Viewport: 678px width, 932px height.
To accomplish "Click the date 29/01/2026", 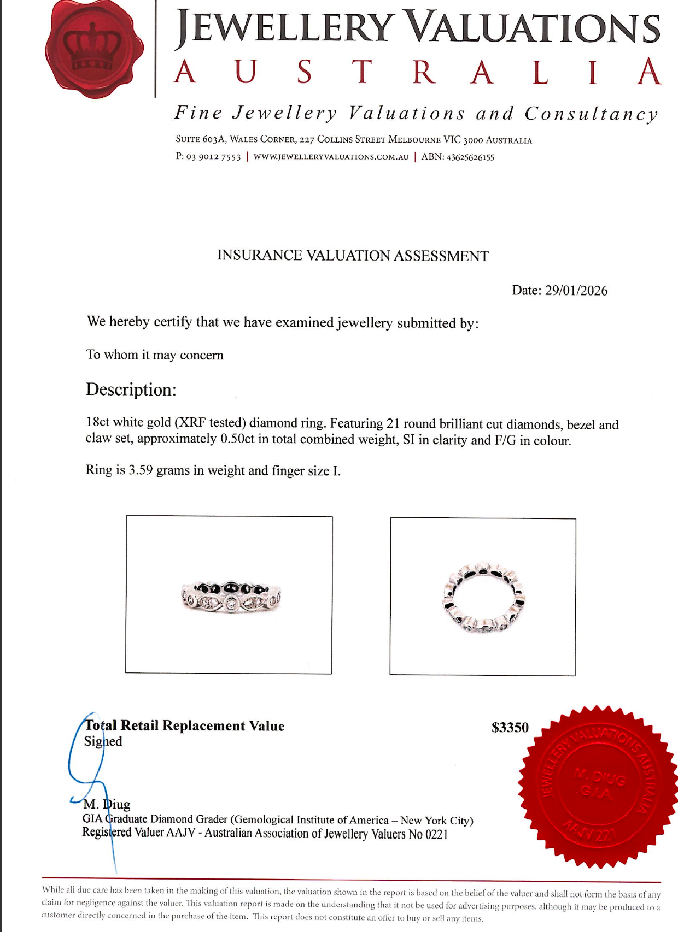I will click(576, 291).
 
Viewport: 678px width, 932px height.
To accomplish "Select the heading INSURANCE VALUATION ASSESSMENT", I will click(353, 256).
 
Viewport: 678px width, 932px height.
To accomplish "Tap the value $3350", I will click(510, 728).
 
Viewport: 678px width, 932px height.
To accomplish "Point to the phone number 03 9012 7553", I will click(213, 157).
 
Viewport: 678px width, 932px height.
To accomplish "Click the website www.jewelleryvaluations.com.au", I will click(331, 157).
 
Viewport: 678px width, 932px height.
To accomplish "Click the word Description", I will click(131, 390).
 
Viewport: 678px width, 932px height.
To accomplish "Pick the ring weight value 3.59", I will click(141, 470).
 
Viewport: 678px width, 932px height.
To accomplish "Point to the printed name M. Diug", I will click(107, 804).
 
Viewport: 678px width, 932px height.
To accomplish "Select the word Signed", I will click(103, 741).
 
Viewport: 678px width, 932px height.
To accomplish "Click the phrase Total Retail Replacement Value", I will click(185, 726).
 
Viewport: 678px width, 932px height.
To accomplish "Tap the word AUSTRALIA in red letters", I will click(418, 72).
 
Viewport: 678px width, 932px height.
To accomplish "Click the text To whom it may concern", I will click(155, 355).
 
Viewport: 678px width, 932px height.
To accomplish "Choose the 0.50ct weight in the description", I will click(237, 439).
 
